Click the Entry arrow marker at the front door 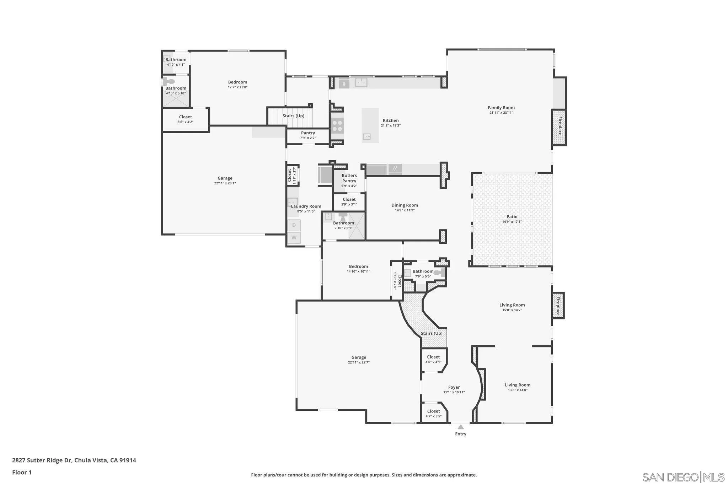[x=461, y=427]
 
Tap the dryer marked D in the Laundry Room [x=294, y=225]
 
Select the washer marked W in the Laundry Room [x=294, y=237]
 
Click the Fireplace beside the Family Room [x=559, y=127]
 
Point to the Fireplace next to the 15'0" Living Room [x=558, y=306]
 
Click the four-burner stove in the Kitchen [x=337, y=125]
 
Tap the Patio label [x=512, y=217]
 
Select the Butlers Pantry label [x=349, y=178]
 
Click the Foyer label [x=454, y=387]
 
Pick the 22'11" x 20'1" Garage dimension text [x=225, y=183]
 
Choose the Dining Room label [x=405, y=205]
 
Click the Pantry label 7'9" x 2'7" [x=308, y=133]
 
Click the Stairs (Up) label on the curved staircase [x=432, y=333]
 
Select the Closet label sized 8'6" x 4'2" [x=185, y=117]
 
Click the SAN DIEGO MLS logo [x=683, y=477]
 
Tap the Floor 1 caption [x=22, y=472]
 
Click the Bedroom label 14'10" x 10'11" [x=358, y=266]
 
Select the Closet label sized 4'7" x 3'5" [x=433, y=411]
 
